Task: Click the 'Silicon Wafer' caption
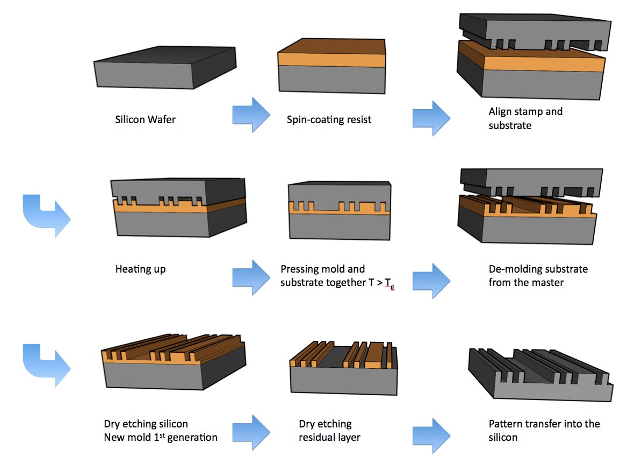(x=145, y=119)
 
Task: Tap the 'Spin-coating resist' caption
(x=329, y=119)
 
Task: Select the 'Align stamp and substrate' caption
(x=525, y=118)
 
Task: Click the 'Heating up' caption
(x=140, y=269)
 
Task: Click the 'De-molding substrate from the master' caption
(x=538, y=275)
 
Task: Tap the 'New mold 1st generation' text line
(x=160, y=437)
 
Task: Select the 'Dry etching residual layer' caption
(x=329, y=431)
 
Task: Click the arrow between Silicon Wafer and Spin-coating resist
(x=251, y=115)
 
